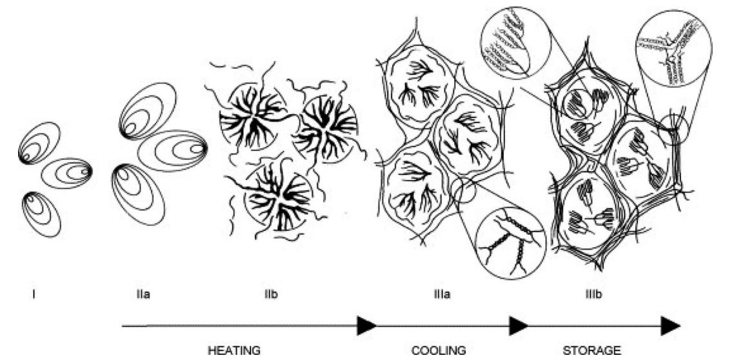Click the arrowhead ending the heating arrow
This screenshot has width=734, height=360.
pos(367,326)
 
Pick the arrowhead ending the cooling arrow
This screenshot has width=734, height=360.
pos(519,326)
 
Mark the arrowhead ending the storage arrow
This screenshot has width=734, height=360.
pos(671,326)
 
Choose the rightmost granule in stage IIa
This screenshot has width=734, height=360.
pos(172,150)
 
